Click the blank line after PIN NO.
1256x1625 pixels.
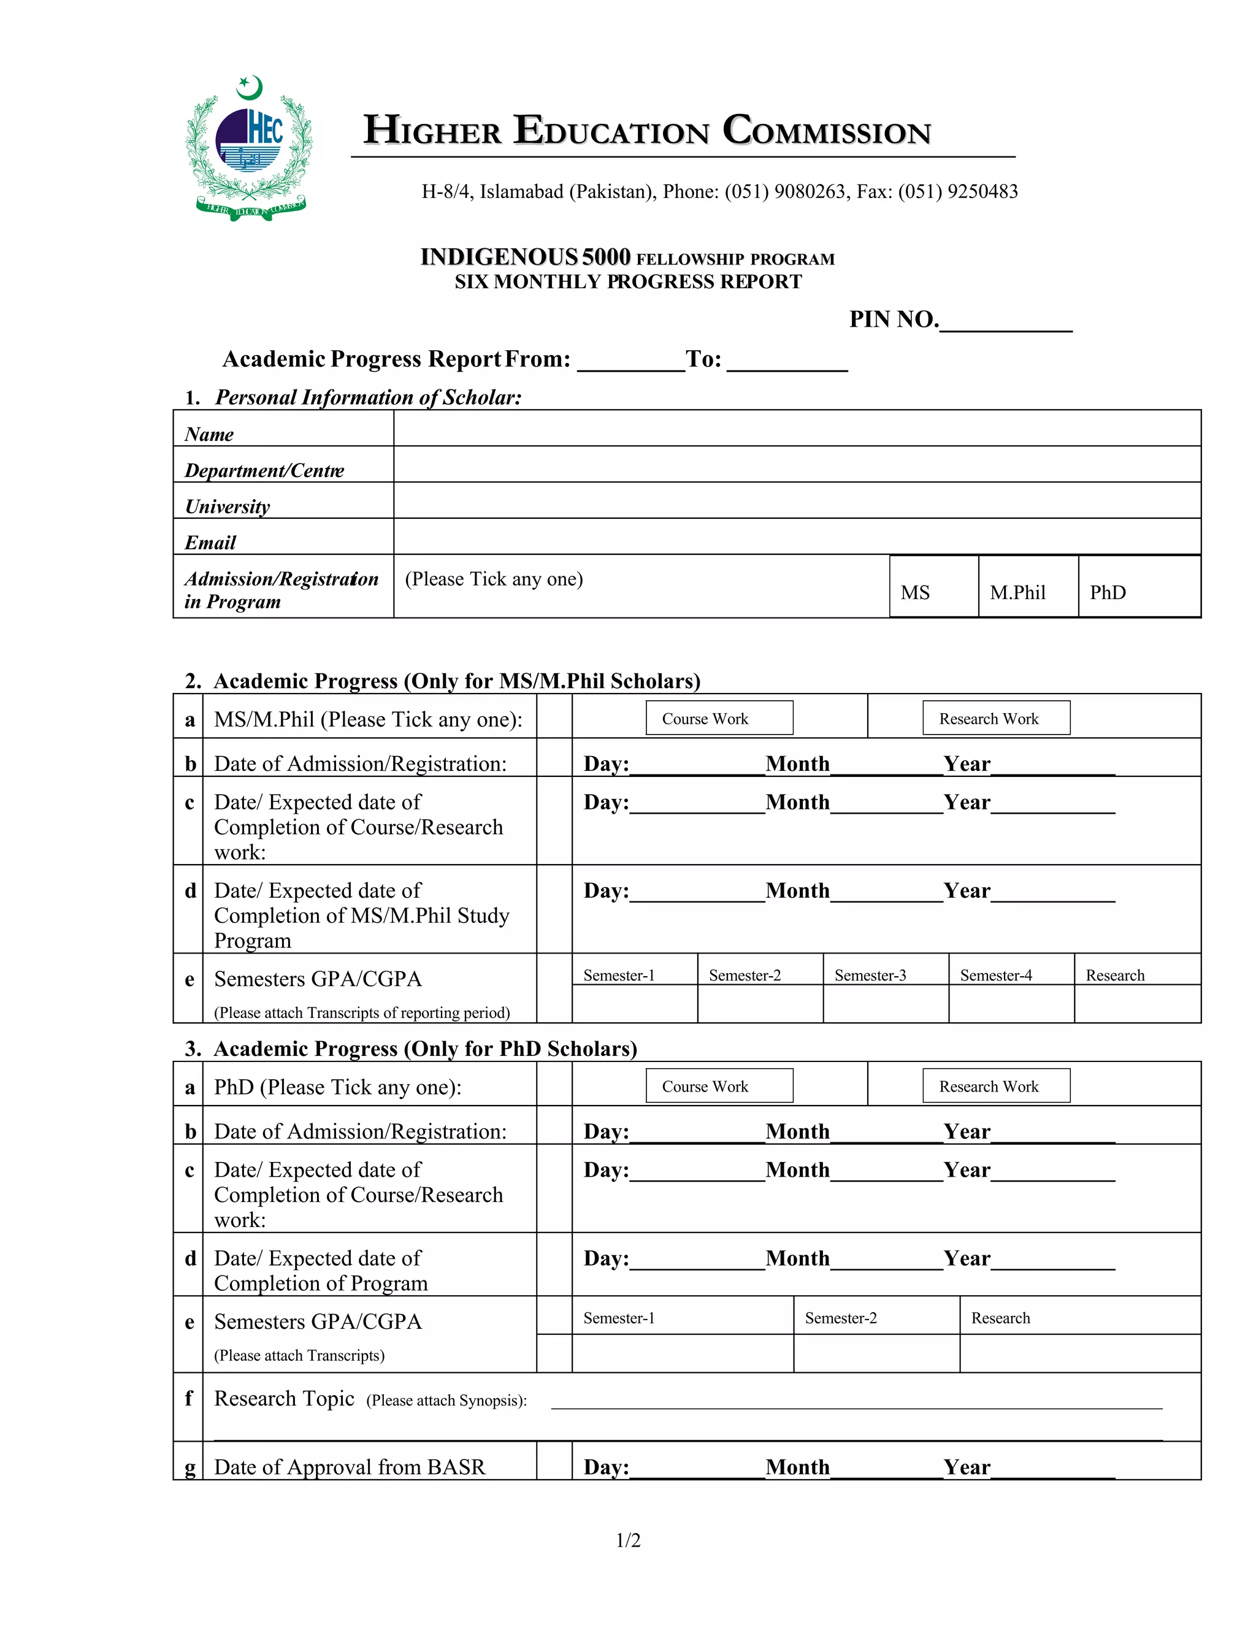[1005, 321]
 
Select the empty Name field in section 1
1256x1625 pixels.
[796, 429]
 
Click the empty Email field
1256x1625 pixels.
[796, 537]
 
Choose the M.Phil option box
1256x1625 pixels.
[1028, 587]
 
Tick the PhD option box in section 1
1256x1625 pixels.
[1138, 587]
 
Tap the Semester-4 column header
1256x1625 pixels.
[995, 975]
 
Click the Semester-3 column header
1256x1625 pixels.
[870, 975]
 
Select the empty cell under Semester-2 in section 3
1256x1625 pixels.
[876, 1353]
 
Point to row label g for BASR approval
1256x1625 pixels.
[189, 1467]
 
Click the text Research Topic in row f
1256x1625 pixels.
[283, 1399]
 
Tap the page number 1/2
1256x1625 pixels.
[628, 1540]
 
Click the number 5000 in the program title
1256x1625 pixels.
[606, 257]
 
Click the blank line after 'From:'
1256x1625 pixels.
[630, 362]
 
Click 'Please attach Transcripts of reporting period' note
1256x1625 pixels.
[362, 1012]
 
